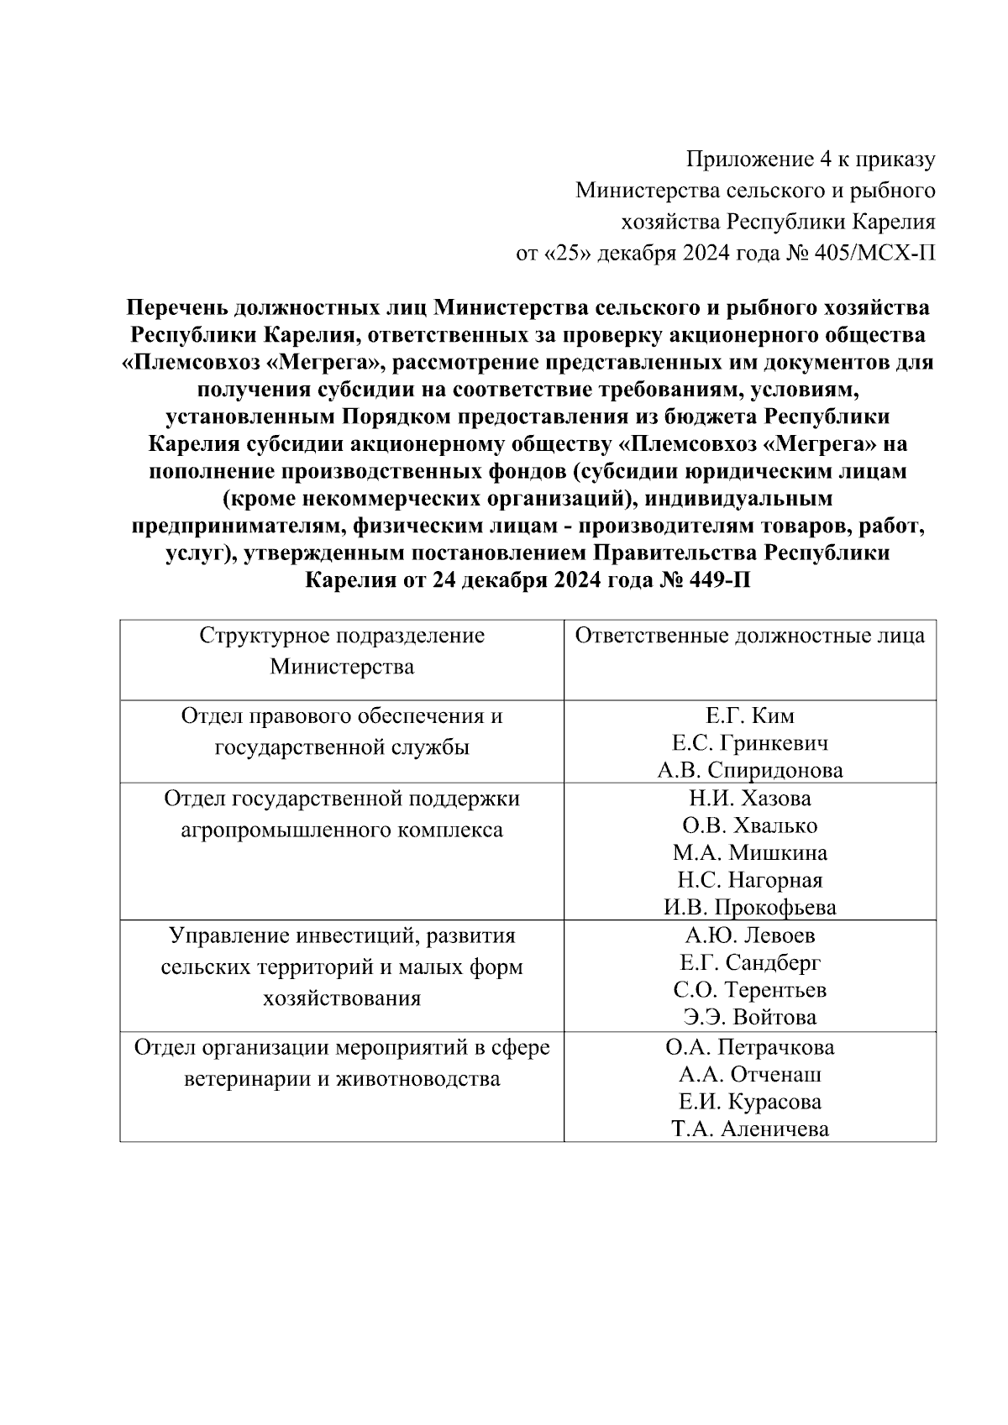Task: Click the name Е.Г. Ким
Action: (749, 716)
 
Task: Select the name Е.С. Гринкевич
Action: (749, 743)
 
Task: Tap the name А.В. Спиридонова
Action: (749, 770)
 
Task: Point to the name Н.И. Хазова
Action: (749, 798)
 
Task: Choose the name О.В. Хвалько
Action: (749, 825)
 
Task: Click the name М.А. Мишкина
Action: (749, 853)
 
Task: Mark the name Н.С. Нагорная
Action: (749, 880)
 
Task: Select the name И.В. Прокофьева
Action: (749, 908)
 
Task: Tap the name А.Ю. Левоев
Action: (749, 935)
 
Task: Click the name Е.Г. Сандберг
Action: (749, 962)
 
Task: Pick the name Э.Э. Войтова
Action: (749, 1018)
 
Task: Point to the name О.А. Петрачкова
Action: (749, 1048)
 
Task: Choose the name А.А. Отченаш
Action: (749, 1075)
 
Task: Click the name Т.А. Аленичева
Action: (749, 1129)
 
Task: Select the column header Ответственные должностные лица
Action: (749, 636)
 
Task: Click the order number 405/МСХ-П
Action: (874, 254)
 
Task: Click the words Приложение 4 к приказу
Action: (811, 159)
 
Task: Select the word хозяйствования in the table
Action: (342, 999)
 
